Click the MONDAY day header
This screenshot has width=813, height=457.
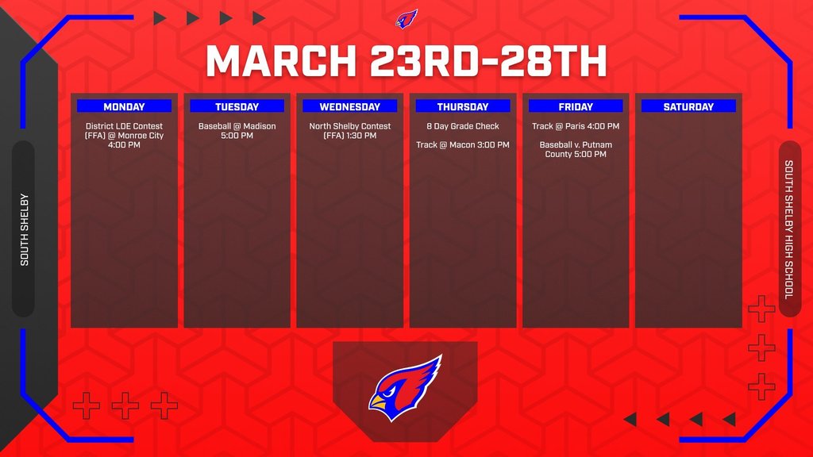tap(124, 106)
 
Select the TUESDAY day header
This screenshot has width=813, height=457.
tap(237, 106)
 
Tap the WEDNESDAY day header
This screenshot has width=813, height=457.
tap(349, 106)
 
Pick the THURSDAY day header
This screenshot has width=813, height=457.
tap(463, 106)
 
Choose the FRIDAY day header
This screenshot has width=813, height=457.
tap(576, 106)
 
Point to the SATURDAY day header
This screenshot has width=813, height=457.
tap(688, 106)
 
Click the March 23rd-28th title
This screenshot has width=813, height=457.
tap(406, 61)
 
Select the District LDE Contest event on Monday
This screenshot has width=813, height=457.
tap(124, 136)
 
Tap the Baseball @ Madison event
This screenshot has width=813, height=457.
tap(237, 131)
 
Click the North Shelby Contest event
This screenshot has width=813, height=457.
tap(349, 131)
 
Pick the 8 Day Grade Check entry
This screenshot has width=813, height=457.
tap(463, 126)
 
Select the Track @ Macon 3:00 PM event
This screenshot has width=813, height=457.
tap(463, 145)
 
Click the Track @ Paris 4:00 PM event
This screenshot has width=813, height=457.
tap(576, 126)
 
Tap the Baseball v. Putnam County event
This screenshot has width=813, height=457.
tap(576, 150)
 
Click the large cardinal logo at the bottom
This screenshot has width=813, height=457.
tap(405, 387)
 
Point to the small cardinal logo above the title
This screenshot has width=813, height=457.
tap(406, 18)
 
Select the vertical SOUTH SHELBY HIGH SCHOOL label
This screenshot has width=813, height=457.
tap(789, 229)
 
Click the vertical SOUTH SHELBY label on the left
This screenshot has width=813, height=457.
tap(24, 229)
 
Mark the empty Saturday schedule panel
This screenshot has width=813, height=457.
tap(688, 222)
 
